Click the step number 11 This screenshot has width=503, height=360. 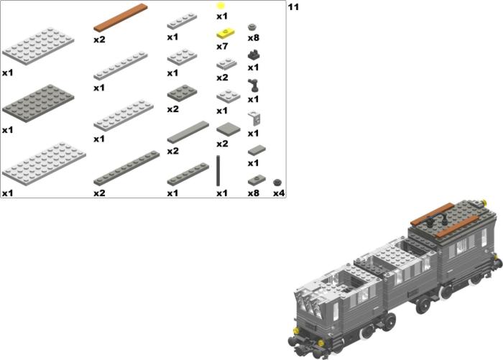(293, 6)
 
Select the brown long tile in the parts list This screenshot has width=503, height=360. (121, 18)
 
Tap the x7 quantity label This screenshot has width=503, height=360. (222, 47)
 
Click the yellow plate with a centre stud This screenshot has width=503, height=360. (226, 33)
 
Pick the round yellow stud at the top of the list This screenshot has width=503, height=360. (221, 6)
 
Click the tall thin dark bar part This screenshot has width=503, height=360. (218, 171)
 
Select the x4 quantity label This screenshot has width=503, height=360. (279, 193)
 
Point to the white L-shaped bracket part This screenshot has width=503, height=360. (254, 118)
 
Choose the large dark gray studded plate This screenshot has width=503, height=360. (38, 103)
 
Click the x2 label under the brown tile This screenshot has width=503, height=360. (99, 40)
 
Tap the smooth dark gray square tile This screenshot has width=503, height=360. (229, 129)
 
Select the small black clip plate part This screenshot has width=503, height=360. (254, 55)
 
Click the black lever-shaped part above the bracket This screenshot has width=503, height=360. (253, 86)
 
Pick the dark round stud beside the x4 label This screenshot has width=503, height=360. (278, 183)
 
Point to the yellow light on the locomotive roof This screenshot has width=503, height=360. (484, 202)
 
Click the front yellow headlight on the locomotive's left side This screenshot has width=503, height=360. (296, 331)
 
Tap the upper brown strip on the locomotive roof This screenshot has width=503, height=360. (432, 213)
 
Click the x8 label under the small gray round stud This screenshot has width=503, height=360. (254, 38)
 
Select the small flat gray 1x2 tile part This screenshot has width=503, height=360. (257, 150)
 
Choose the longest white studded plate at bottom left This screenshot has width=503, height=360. (44, 164)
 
